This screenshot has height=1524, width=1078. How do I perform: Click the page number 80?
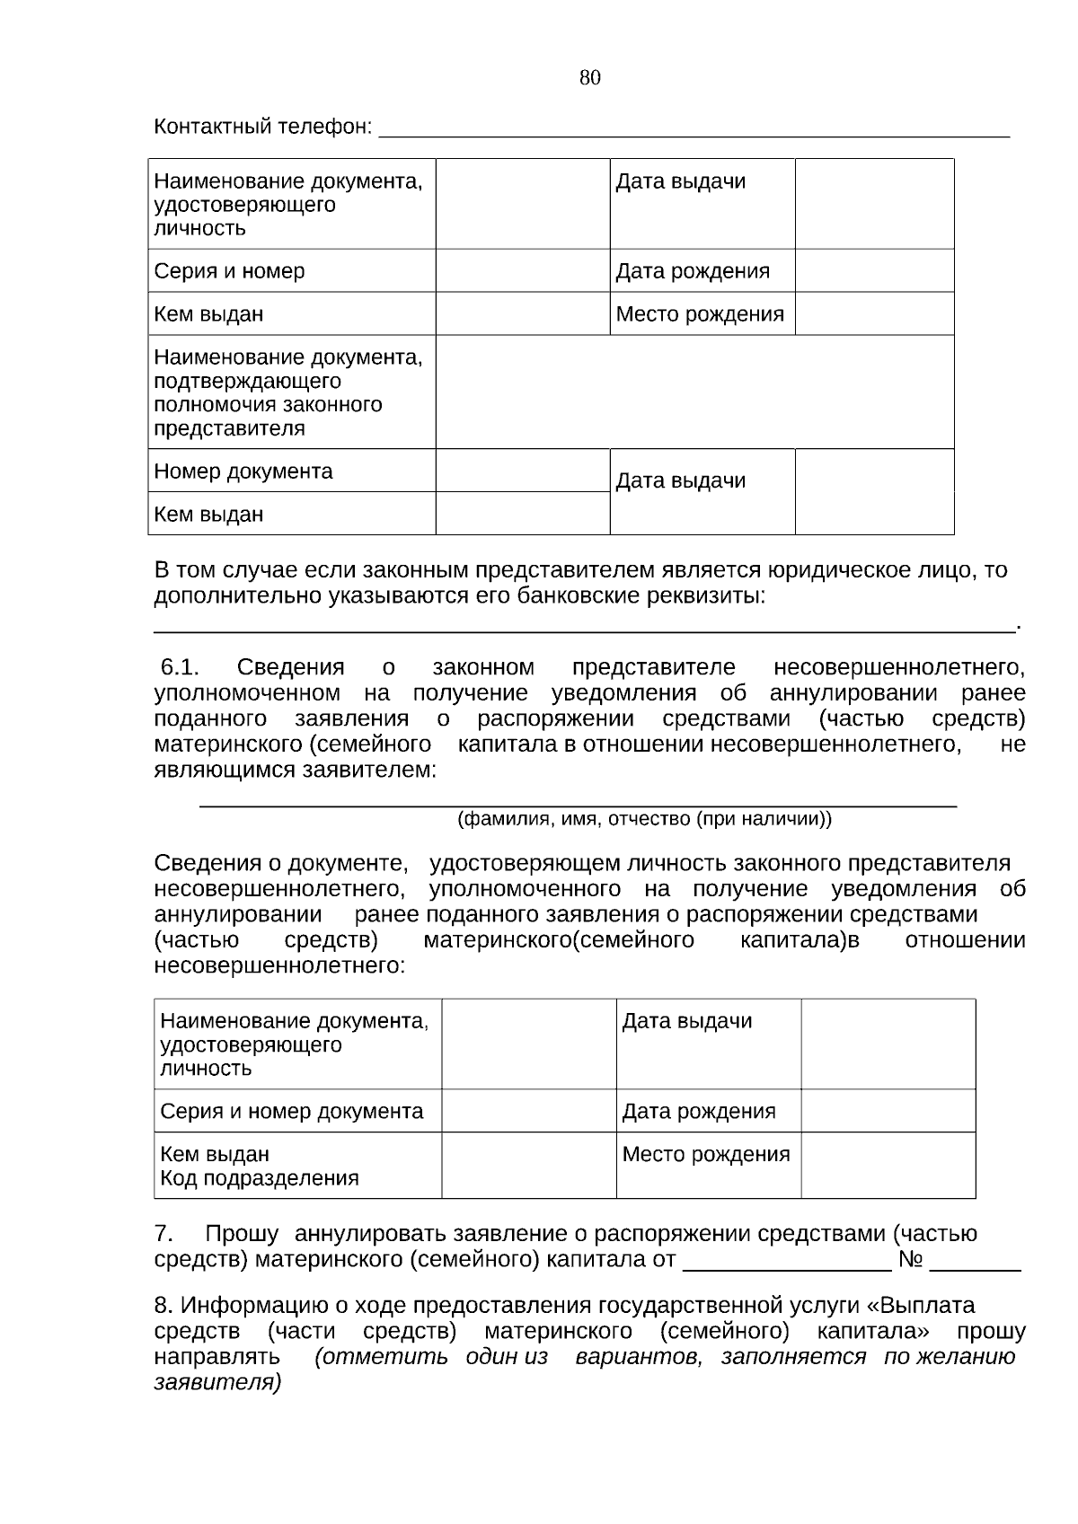[x=590, y=78]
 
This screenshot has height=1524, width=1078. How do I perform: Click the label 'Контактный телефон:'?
[x=262, y=127]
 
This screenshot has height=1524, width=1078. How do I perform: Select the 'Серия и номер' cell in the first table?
[x=230, y=271]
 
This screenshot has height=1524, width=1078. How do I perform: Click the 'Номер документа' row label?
[x=243, y=471]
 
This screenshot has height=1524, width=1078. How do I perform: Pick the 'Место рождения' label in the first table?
[x=700, y=314]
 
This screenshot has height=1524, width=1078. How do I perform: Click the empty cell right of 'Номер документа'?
[x=522, y=471]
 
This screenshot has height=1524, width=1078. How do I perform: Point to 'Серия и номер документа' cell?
[x=291, y=1112]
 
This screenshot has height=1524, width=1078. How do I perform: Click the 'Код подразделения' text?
[x=259, y=1178]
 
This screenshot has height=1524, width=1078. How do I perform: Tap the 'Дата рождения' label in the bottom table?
[x=698, y=1112]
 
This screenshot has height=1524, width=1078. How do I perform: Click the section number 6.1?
[x=180, y=668]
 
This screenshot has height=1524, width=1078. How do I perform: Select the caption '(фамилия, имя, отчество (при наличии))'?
[x=644, y=819]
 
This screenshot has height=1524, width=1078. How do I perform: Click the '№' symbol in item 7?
[x=910, y=1260]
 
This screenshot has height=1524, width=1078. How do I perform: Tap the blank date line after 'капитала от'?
[x=787, y=1262]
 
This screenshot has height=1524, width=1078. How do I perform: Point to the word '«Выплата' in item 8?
[x=928, y=1305]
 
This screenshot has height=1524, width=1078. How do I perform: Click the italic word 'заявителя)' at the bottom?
[x=217, y=1382]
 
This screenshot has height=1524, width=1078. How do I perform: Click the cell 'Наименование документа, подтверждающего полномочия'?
[x=287, y=392]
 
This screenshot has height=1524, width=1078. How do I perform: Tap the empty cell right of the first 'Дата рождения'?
[x=873, y=271]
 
